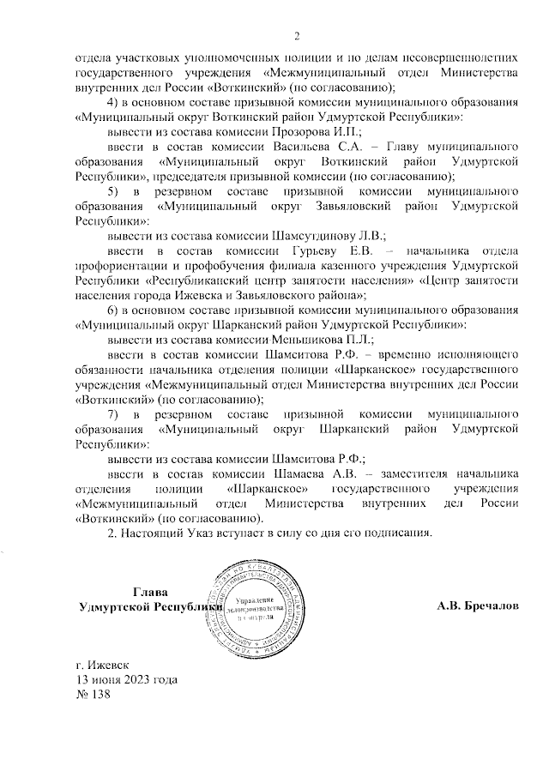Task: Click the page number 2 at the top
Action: point(297,35)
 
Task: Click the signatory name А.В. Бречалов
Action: point(477,606)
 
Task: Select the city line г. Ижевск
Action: point(102,666)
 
